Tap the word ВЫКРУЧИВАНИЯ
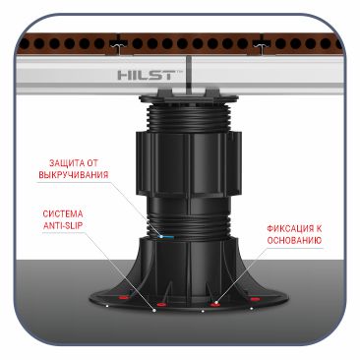click(74, 174)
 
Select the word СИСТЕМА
click(63, 214)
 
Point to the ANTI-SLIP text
click(63, 226)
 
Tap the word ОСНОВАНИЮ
click(294, 240)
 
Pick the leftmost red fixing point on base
click(123, 298)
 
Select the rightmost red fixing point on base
click(255, 299)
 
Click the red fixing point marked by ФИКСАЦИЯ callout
click(214, 305)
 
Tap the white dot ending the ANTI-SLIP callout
click(154, 310)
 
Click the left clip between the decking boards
click(116, 44)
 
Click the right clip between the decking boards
click(262, 44)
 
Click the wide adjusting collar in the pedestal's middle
click(188, 162)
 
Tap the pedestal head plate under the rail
click(188, 96)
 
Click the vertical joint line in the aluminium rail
click(190, 74)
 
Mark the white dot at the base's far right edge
click(251, 308)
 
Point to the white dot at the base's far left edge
click(107, 306)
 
